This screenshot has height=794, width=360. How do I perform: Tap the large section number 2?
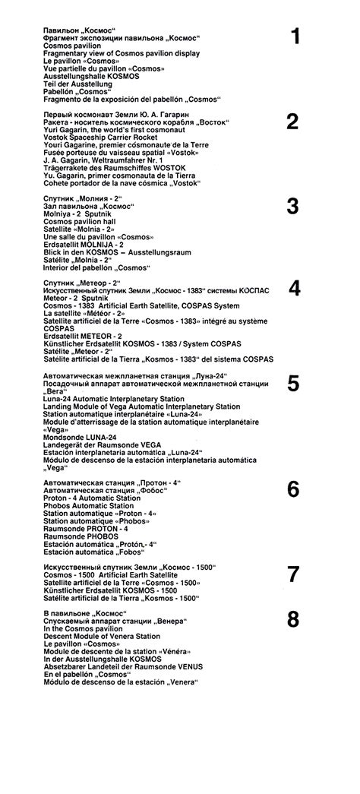click(292, 121)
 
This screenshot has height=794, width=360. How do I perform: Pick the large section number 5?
click(293, 384)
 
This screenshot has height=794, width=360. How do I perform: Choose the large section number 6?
click(293, 490)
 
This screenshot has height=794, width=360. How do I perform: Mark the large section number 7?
click(293, 574)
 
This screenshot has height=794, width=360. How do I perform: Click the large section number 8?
click(293, 620)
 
